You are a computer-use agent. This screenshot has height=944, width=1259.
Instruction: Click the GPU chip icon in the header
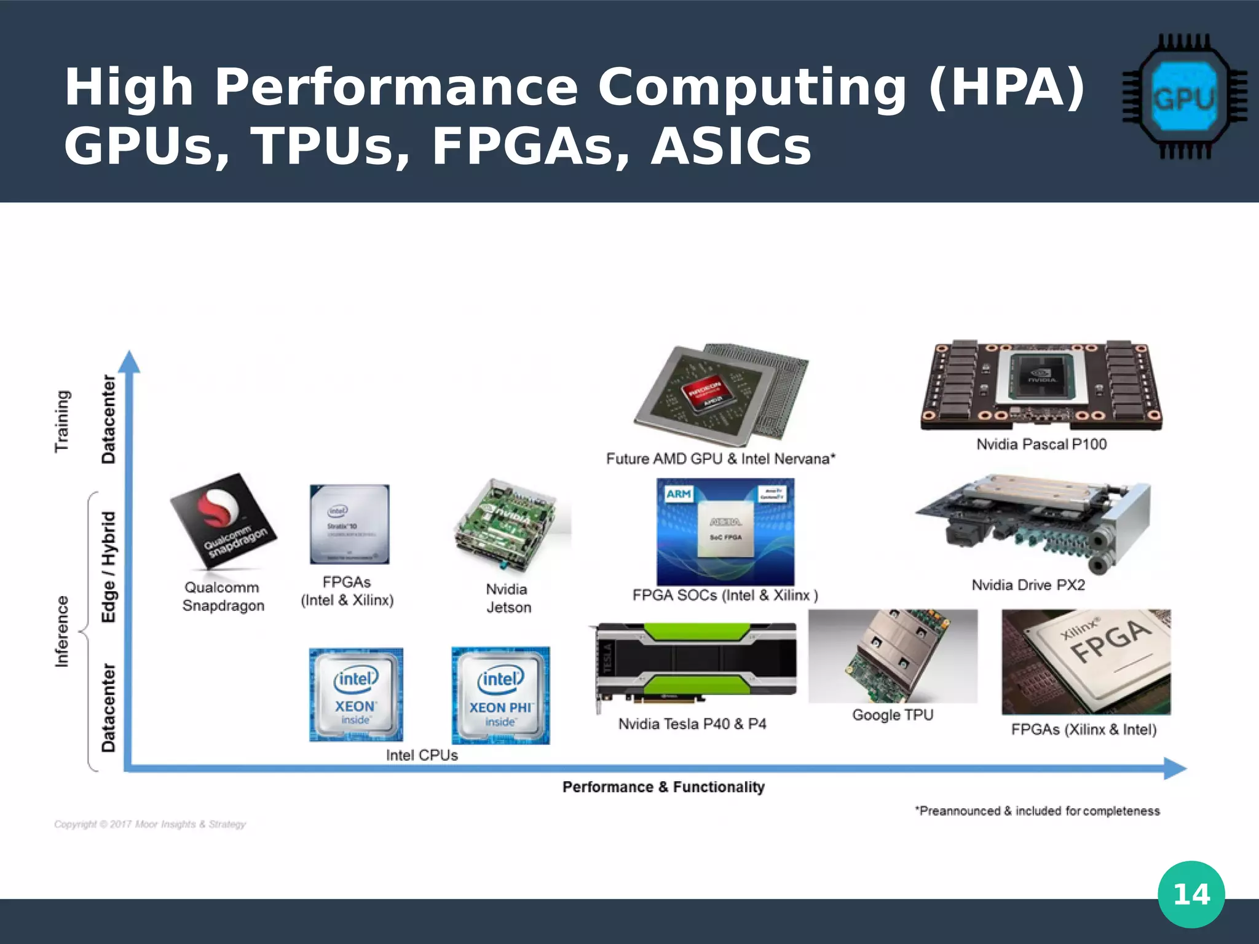[1184, 96]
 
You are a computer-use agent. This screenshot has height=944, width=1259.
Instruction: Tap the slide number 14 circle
[1191, 894]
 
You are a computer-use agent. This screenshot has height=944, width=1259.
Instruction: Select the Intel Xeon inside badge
[356, 694]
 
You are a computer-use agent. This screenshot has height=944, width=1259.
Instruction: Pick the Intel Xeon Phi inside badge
[500, 696]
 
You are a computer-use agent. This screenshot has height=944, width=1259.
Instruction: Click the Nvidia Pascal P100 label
[1041, 444]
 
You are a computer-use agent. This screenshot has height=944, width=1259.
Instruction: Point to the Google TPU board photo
[893, 656]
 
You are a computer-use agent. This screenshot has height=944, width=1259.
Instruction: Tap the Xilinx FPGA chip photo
[1086, 661]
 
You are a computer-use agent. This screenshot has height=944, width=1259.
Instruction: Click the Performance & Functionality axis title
[663, 787]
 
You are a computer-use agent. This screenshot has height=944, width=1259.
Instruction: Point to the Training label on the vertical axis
[62, 421]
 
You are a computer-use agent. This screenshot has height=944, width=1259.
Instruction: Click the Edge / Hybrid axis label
[109, 567]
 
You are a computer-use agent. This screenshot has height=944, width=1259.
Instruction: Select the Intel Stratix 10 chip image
[349, 524]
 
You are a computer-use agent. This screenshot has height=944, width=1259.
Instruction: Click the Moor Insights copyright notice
[150, 824]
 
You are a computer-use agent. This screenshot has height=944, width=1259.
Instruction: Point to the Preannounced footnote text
[1037, 811]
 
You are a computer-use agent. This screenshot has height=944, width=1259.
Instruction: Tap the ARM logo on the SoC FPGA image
[678, 494]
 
